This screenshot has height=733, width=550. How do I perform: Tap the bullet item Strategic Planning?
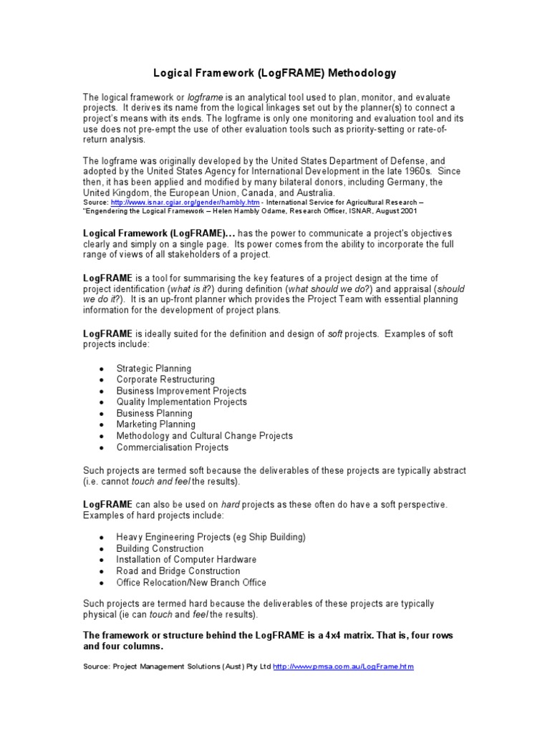click(x=154, y=368)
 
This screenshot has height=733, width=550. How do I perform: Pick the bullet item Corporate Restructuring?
click(x=165, y=379)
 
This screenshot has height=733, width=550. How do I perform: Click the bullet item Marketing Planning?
click(x=155, y=424)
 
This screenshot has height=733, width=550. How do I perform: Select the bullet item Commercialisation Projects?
click(x=173, y=447)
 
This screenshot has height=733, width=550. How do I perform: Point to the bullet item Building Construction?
click(x=160, y=548)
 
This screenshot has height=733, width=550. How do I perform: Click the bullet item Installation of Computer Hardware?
click(x=186, y=560)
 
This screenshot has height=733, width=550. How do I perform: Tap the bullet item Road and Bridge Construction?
click(x=178, y=571)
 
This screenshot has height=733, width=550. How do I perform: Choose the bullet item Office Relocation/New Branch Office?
click(x=191, y=583)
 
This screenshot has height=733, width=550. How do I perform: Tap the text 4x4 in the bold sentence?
click(x=345, y=636)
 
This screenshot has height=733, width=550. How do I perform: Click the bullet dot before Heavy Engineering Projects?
click(x=102, y=538)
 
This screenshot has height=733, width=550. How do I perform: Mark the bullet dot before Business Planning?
click(x=102, y=414)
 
